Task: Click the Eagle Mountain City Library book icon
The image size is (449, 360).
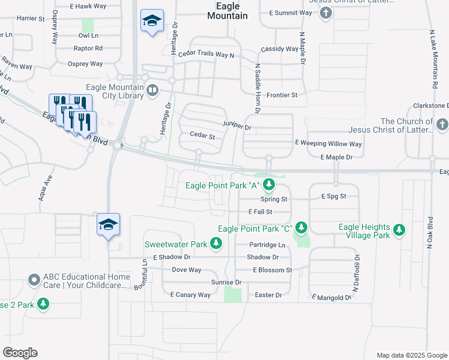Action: (152, 90)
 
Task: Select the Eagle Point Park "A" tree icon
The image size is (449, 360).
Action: (270, 184)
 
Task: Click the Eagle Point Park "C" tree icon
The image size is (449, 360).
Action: (301, 227)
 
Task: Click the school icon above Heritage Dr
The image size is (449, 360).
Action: (152, 22)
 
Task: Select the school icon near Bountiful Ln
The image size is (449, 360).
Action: (108, 224)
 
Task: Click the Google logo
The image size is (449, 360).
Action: (20, 352)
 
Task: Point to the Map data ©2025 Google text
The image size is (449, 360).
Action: (411, 355)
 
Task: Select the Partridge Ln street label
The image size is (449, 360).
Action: (267, 245)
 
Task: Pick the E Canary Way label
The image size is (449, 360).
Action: (190, 295)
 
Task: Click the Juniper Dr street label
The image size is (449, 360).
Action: (236, 126)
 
